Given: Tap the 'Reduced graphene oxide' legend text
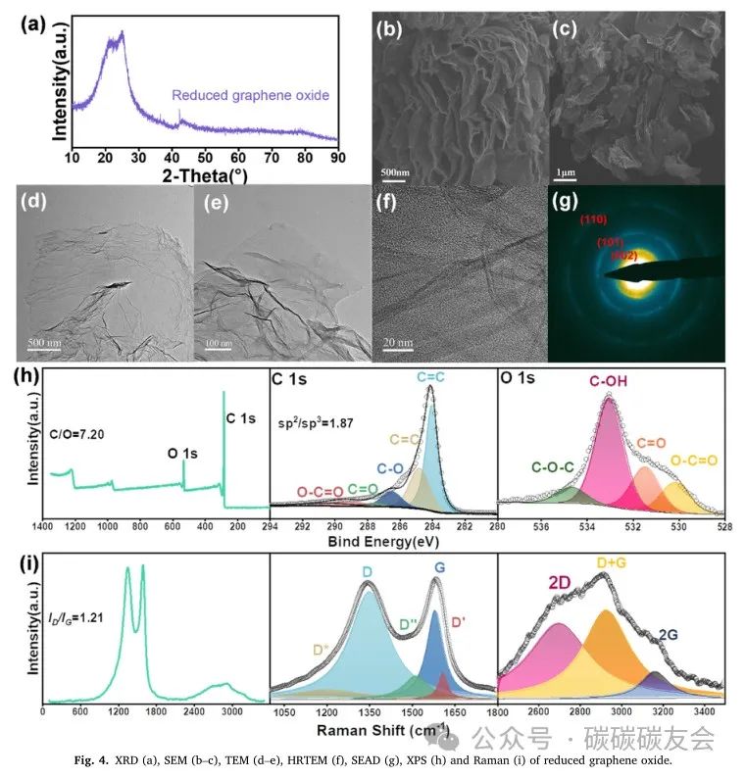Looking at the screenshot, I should pos(250,96).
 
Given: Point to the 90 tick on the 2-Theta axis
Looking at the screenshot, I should pos(337,157).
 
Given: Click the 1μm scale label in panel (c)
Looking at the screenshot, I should pos(568,171).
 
